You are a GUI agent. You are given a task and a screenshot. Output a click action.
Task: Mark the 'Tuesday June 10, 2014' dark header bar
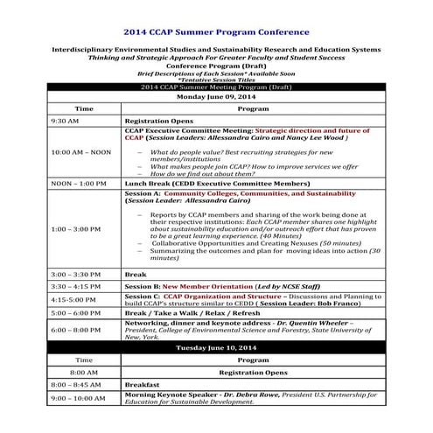(216, 347)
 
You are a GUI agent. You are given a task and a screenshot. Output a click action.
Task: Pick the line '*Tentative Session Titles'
(216, 80)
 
